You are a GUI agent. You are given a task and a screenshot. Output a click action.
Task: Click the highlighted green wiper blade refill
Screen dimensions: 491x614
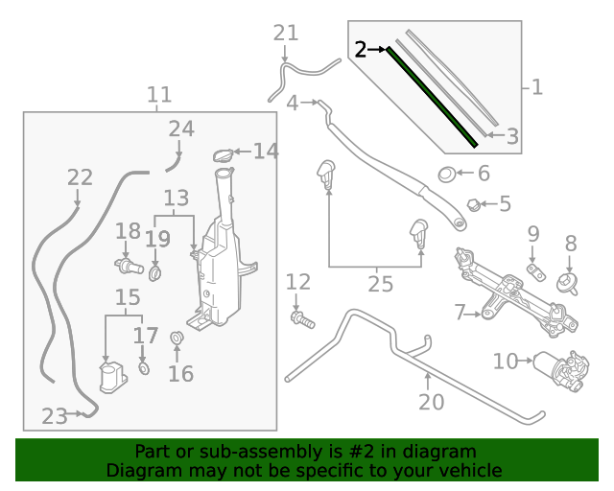pyautogui.click(x=432, y=96)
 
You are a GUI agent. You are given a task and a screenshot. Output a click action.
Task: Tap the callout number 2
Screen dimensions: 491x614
pyautogui.click(x=361, y=49)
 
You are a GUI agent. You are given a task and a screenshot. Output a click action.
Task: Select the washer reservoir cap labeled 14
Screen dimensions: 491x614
pyautogui.click(x=223, y=154)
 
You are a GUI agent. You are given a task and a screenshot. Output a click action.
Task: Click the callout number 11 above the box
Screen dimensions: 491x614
pyautogui.click(x=159, y=95)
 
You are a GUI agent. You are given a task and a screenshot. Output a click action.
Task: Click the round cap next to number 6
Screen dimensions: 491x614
pyautogui.click(x=447, y=175)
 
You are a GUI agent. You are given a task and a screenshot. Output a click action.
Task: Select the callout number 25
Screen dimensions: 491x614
pyautogui.click(x=381, y=284)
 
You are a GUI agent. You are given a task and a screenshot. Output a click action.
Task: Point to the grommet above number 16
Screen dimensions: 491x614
pyautogui.click(x=177, y=339)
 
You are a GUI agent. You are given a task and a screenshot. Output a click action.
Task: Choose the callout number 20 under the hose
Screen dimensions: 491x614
pyautogui.click(x=432, y=401)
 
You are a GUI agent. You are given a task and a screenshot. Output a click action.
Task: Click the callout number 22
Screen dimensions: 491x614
pyautogui.click(x=80, y=177)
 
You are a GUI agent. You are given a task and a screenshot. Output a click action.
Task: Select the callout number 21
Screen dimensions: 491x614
pyautogui.click(x=286, y=34)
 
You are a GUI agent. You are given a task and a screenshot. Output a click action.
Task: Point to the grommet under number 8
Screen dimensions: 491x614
pyautogui.click(x=568, y=284)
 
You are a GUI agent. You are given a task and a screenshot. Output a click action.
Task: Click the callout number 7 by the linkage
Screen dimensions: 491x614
pyautogui.click(x=460, y=313)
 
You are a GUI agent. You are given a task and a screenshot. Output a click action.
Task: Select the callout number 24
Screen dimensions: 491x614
pyautogui.click(x=180, y=129)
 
